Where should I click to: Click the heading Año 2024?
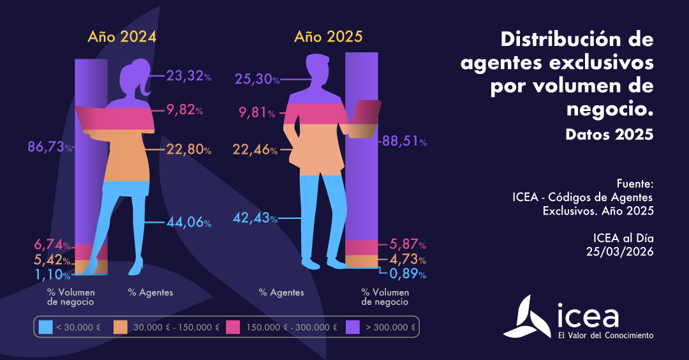point(122,37)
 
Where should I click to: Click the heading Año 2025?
point(329,37)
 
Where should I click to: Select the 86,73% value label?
point(50,147)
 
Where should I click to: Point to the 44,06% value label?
point(188,222)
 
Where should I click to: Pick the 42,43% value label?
point(255,218)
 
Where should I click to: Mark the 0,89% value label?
point(404,274)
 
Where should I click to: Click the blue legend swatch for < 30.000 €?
point(45,327)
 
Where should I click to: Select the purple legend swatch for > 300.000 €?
point(353,327)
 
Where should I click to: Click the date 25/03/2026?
point(619,251)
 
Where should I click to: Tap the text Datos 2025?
point(609,135)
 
